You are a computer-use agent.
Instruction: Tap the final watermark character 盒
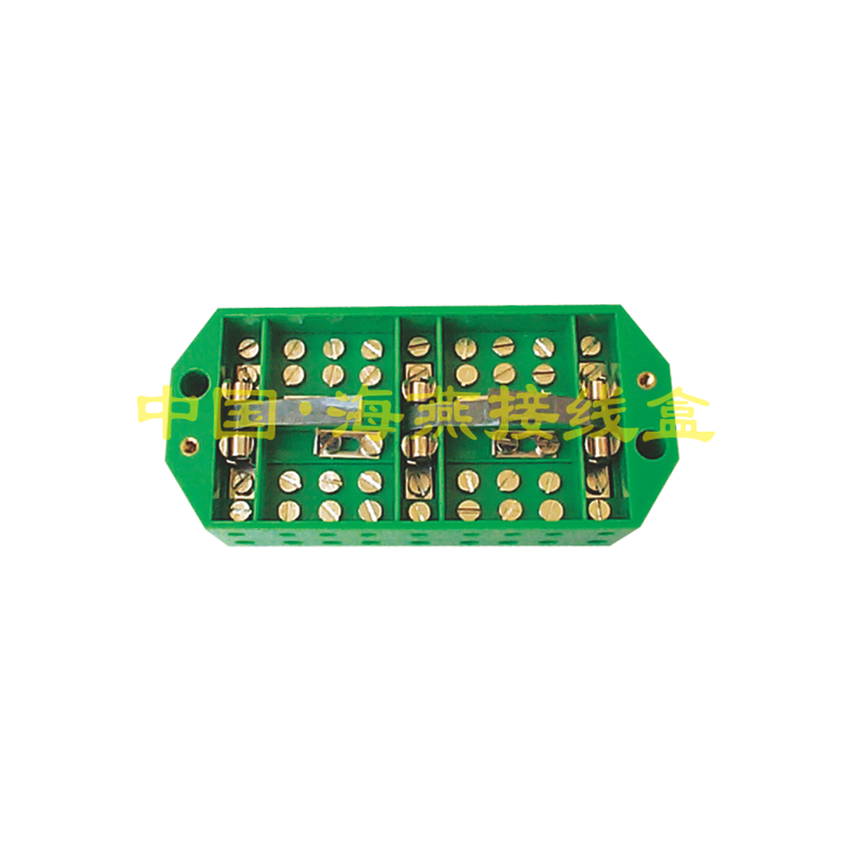pyautogui.click(x=677, y=413)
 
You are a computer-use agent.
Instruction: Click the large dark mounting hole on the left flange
pyautogui.click(x=195, y=383)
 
